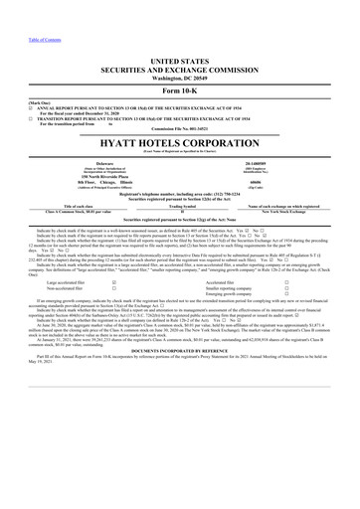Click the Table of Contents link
(x=24, y=6)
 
